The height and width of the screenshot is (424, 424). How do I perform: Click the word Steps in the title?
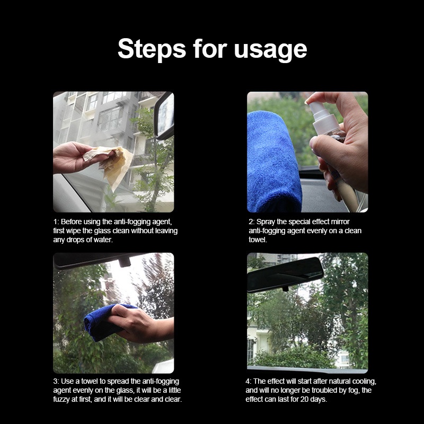tap(152, 49)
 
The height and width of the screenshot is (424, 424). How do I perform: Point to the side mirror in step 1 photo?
tap(164, 116)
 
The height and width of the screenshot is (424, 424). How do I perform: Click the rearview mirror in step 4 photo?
tap(285, 275)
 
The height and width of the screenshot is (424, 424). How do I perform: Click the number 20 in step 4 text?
tap(304, 399)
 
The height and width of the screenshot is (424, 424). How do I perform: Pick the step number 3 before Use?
tap(56, 381)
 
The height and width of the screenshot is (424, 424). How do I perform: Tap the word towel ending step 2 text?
tap(258, 240)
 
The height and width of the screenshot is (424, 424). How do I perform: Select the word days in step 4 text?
tap(319, 400)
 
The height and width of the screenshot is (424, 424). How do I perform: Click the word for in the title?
tap(210, 49)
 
